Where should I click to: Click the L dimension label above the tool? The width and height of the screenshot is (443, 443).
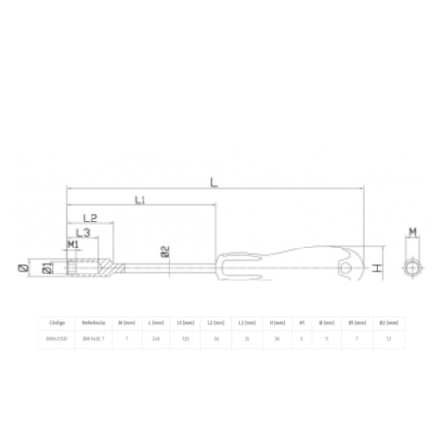click(x=213, y=181)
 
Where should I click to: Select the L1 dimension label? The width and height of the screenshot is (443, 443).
click(x=139, y=200)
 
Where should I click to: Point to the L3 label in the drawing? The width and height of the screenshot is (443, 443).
click(x=82, y=234)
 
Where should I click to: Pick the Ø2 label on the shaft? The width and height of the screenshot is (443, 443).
click(x=166, y=252)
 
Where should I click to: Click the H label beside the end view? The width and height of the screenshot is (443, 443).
click(x=379, y=267)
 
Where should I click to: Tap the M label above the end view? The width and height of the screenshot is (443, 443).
click(x=412, y=232)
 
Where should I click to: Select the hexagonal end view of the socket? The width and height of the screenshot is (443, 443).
click(x=411, y=267)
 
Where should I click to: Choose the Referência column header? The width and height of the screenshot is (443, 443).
click(x=92, y=323)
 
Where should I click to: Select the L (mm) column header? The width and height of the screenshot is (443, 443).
click(x=156, y=323)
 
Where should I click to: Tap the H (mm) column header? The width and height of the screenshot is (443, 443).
click(x=276, y=323)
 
